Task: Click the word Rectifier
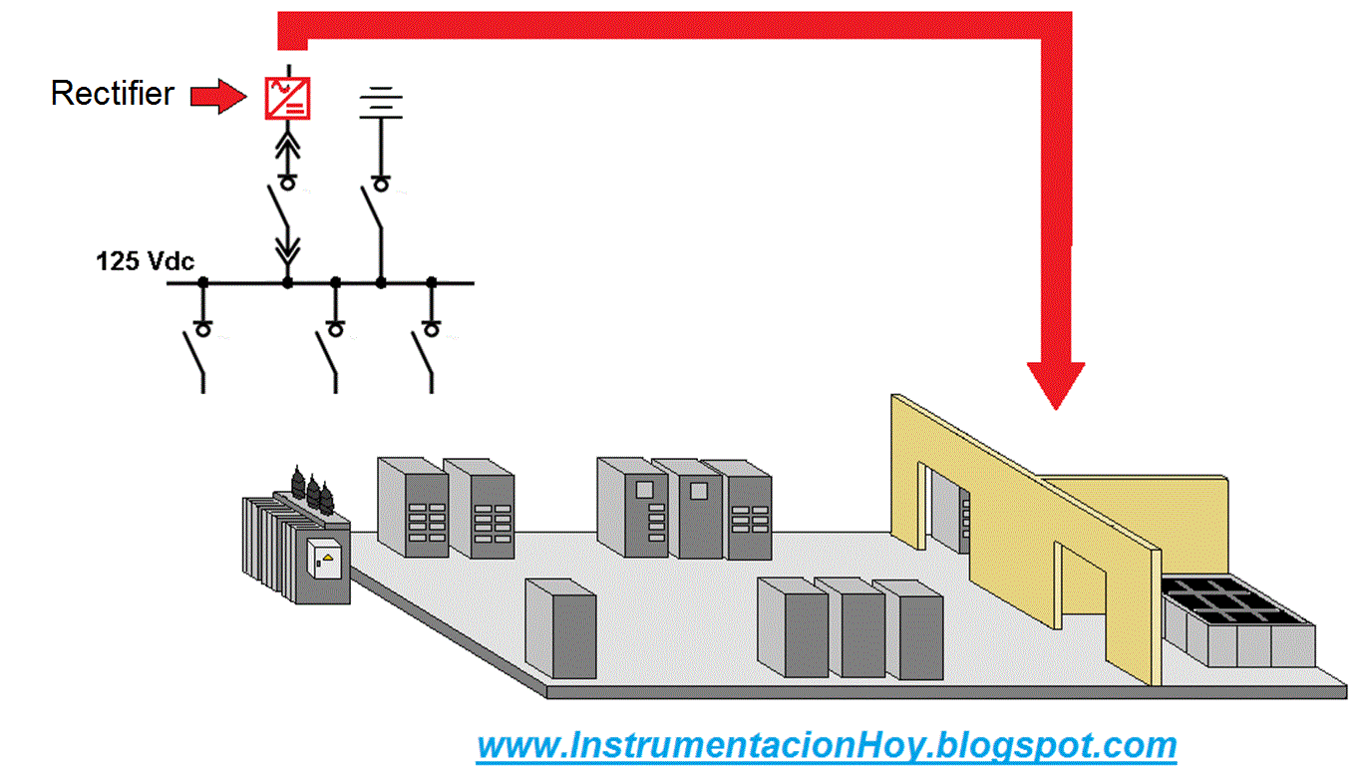[112, 94]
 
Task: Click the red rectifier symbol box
[287, 97]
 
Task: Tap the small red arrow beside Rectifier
[217, 95]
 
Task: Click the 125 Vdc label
[146, 262]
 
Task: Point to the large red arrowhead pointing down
[1056, 384]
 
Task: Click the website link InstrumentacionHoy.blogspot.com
[827, 745]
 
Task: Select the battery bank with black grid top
[1237, 621]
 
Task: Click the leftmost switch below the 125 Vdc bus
[194, 357]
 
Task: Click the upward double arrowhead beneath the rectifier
[287, 146]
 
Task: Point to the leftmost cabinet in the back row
[412, 507]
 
